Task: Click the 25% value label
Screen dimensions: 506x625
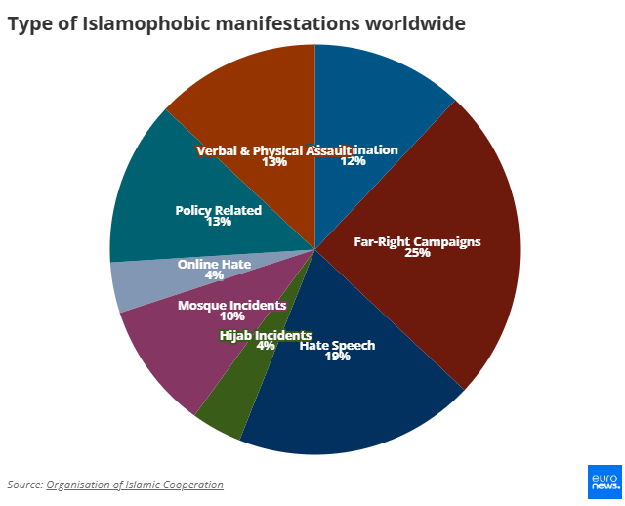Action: (x=418, y=253)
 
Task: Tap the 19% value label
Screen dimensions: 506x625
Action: (x=338, y=357)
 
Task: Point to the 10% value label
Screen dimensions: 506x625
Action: (x=232, y=316)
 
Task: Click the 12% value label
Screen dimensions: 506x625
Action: (x=353, y=162)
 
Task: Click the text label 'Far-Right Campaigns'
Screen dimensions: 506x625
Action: (x=418, y=240)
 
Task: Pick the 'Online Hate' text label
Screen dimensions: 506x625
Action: (x=214, y=264)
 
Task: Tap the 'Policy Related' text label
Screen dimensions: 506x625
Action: (x=219, y=210)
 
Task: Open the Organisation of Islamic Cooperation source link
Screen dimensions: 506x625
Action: (x=135, y=485)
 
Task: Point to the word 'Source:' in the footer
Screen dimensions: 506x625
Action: (x=24, y=485)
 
